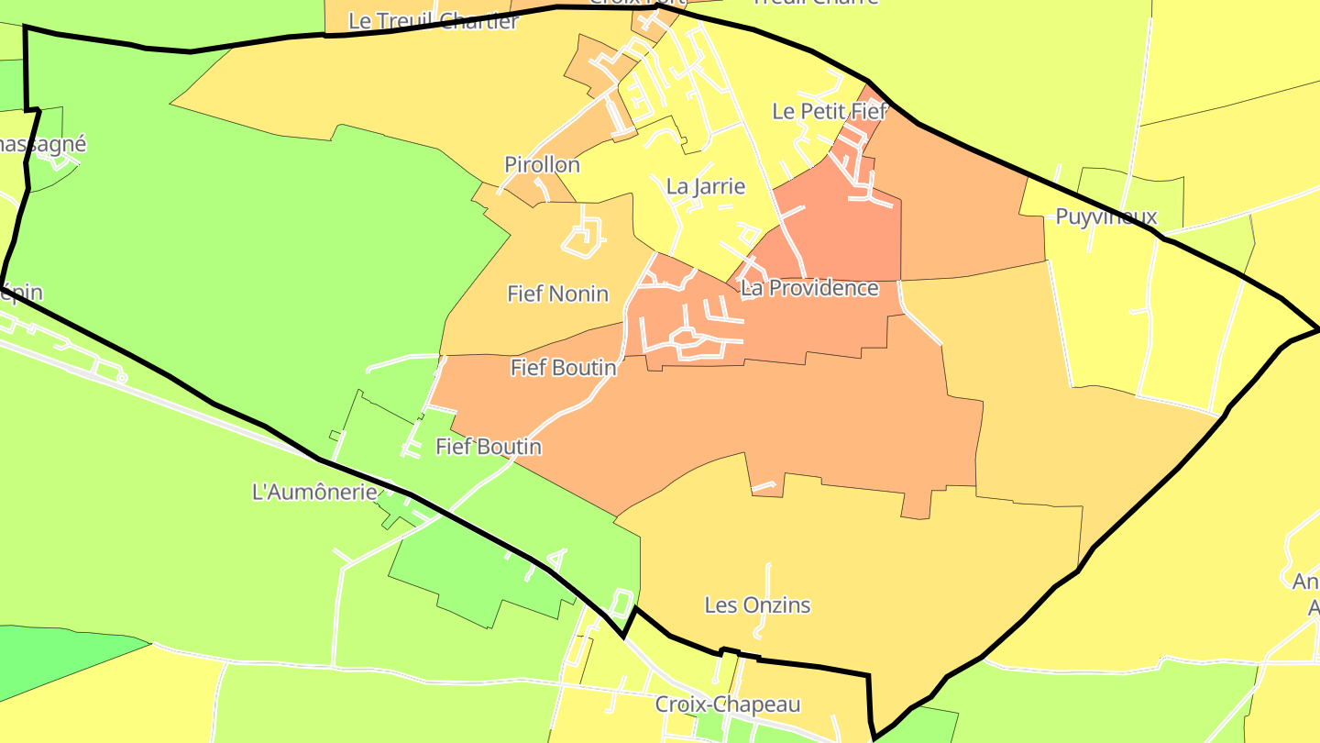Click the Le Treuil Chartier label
[434, 21]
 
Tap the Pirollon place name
[542, 165]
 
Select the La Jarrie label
[705, 187]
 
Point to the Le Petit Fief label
[830, 112]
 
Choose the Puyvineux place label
[1106, 217]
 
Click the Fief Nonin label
[557, 294]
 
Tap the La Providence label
[809, 288]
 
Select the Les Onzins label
[757, 605]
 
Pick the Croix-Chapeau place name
[727, 704]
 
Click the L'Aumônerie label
[314, 492]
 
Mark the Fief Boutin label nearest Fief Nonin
[563, 368]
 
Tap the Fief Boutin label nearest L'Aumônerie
[488, 447]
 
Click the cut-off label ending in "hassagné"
[42, 144]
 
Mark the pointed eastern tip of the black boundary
[1317, 328]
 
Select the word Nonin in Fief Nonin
[579, 294]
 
